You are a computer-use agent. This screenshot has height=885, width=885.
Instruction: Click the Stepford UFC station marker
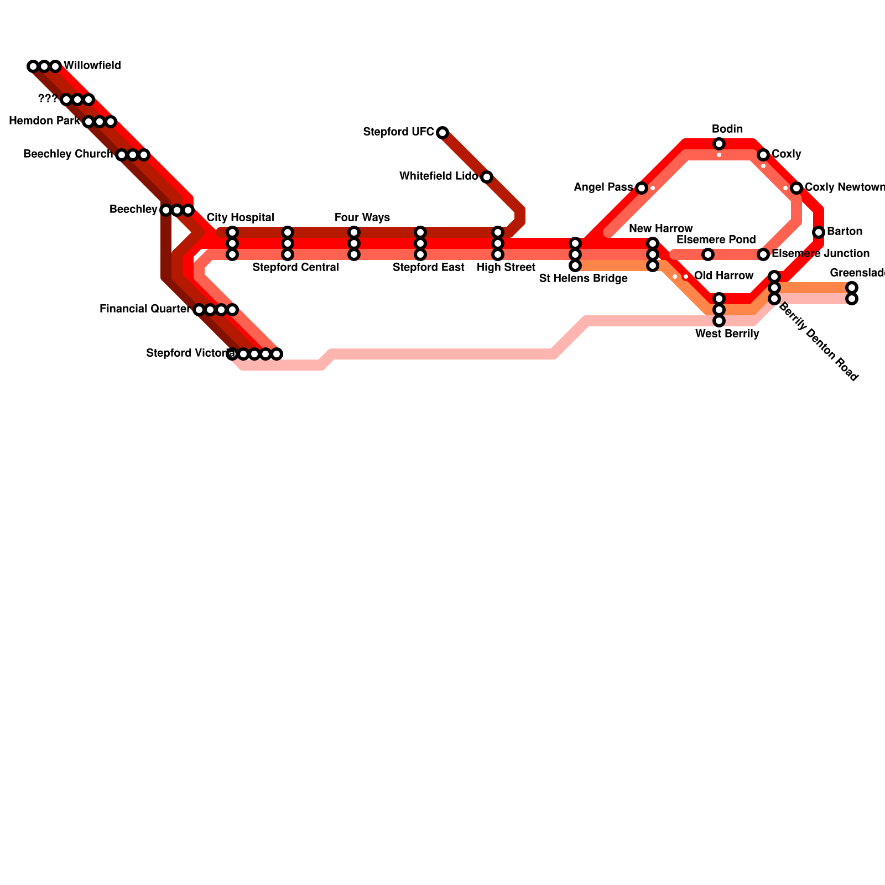[442, 133]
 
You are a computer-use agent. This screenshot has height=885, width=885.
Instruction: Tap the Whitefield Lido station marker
[487, 177]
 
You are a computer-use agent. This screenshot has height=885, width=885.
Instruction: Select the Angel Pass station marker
[642, 188]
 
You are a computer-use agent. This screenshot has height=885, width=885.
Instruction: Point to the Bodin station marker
[719, 144]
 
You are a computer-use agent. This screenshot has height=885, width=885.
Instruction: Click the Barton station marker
[819, 232]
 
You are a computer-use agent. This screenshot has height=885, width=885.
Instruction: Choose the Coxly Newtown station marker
[796, 188]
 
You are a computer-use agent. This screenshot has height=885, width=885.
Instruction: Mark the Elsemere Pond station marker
[708, 254]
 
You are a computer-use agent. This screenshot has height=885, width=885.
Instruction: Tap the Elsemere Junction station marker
[763, 254]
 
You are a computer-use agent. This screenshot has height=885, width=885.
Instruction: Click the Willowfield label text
[92, 66]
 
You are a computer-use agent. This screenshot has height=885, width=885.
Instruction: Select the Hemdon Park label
[44, 121]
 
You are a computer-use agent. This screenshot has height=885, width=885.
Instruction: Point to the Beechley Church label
[67, 154]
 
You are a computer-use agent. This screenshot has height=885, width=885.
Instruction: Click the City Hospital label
[240, 217]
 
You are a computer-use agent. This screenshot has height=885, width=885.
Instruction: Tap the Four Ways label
[362, 217]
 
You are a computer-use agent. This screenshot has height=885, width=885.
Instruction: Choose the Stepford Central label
[295, 268]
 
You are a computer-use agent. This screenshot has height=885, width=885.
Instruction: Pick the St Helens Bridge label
[583, 279]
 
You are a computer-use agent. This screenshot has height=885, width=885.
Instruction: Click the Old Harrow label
[723, 276]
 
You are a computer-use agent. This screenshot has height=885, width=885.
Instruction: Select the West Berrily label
[727, 334]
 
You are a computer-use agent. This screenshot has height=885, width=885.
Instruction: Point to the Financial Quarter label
[144, 309]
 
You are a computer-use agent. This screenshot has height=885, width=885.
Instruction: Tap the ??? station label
[48, 99]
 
